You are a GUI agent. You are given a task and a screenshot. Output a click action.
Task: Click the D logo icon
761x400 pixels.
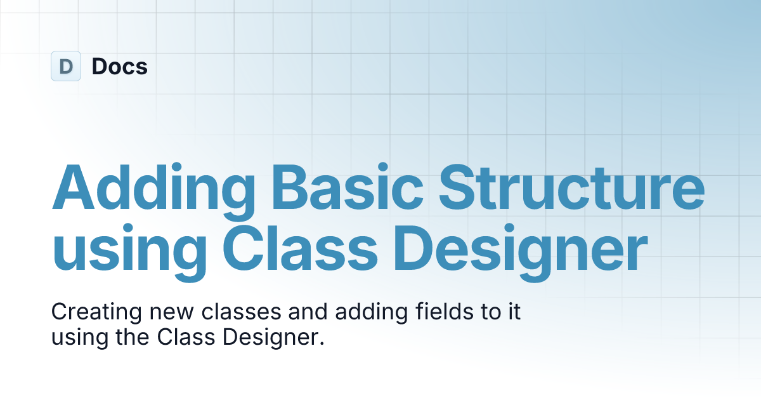(66, 66)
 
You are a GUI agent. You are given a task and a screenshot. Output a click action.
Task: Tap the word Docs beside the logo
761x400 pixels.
(120, 66)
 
